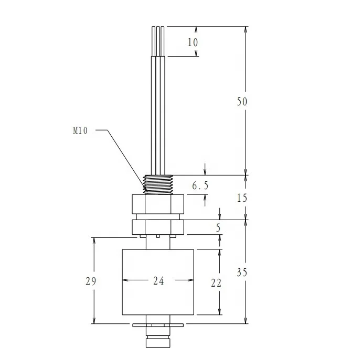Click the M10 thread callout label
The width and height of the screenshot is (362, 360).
point(80,130)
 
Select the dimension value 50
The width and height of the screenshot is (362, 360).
point(241,102)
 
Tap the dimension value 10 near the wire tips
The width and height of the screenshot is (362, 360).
point(193,42)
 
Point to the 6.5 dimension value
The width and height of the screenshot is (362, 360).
point(200,186)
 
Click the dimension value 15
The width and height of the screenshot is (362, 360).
point(241,198)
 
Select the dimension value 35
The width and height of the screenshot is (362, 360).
point(241,272)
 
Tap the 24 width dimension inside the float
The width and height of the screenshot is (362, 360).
point(158,281)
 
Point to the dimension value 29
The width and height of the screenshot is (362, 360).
point(91,281)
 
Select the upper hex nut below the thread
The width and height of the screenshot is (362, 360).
point(158,203)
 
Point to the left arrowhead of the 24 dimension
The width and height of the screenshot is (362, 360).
point(125,281)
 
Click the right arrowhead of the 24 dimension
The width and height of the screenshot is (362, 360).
point(191,281)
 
